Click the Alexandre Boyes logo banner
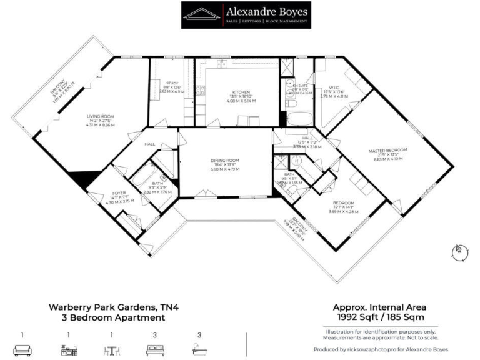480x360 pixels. coord(245,14)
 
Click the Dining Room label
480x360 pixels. coord(226,161)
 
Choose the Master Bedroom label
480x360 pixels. coord(387,150)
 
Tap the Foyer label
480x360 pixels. coord(119,192)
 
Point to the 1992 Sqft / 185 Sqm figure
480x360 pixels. coord(379,317)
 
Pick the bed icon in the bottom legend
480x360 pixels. coord(153,350)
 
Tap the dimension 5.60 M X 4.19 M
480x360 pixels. coord(226,169)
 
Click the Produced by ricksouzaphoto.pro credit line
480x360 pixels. coord(380,349)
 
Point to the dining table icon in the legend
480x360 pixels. coord(111,350)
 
